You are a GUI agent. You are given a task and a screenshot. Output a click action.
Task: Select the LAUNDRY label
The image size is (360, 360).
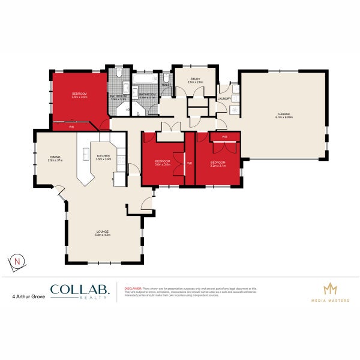(224, 98)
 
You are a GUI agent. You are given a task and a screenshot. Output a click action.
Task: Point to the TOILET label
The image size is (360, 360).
(166, 85)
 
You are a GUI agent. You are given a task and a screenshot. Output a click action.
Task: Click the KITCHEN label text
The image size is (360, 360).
(104, 155)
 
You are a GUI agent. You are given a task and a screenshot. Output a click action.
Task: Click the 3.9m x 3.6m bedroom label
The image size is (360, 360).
(80, 93)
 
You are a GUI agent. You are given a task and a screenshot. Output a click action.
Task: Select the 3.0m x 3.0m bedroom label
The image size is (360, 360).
(163, 161)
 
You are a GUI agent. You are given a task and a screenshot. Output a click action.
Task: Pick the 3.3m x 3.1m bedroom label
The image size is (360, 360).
(218, 162)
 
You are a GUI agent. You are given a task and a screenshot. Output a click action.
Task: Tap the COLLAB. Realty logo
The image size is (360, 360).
(80, 292)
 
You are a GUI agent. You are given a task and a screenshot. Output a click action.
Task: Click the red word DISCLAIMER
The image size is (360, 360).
(133, 289)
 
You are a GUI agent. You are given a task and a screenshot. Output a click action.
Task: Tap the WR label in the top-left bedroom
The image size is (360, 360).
(71, 127)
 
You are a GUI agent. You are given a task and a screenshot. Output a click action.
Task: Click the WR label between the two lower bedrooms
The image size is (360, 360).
(189, 163)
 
